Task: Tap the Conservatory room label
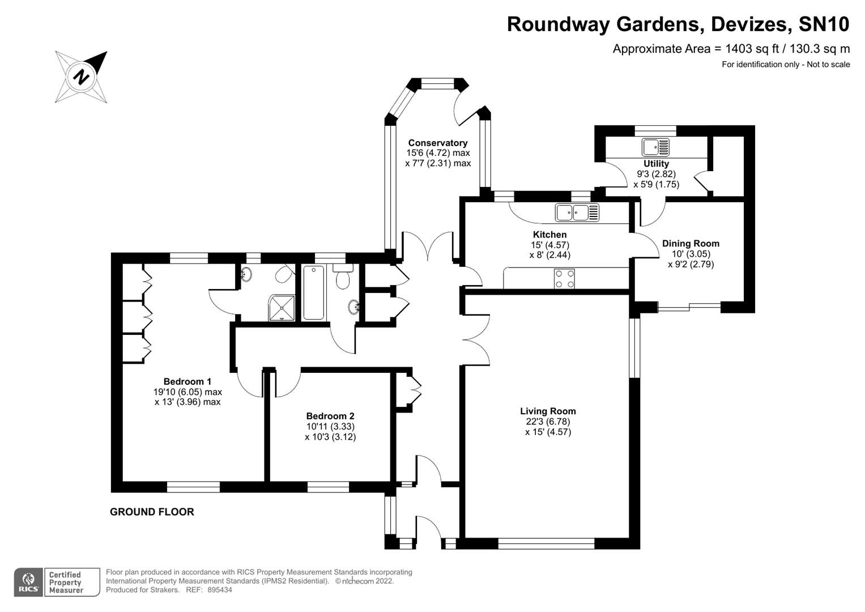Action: [x=437, y=143]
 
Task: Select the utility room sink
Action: [x=655, y=147]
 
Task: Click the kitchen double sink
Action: [x=577, y=212]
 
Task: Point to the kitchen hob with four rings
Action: [x=564, y=279]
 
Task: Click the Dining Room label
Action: [x=691, y=244]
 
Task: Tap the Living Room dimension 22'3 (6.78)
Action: [x=548, y=422]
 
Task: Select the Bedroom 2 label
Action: [x=330, y=416]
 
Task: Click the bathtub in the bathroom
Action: [x=313, y=292]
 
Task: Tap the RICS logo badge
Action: [x=28, y=582]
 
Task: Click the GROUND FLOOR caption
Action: [x=152, y=512]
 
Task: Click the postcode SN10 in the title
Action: [x=824, y=24]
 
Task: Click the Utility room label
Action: [x=656, y=164]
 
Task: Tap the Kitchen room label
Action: [x=549, y=235]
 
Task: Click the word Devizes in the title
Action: [x=750, y=24]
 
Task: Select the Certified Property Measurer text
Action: [x=66, y=583]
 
